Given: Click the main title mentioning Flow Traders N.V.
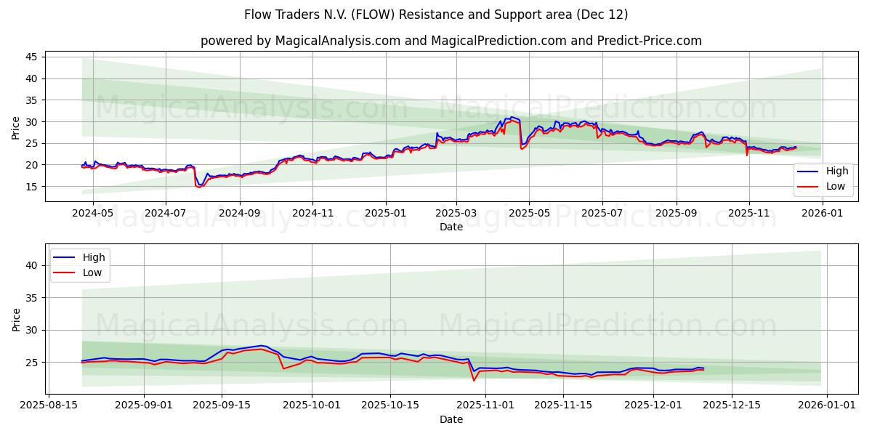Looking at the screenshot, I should [436, 15].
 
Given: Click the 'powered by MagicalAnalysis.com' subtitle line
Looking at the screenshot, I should [451, 41].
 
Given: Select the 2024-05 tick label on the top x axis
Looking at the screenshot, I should [94, 214].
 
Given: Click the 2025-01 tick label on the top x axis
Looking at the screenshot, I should [385, 214].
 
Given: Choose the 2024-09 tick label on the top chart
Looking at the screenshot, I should [240, 214].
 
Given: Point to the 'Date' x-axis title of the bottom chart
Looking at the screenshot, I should [451, 419].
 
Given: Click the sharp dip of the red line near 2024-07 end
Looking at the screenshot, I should [198, 187].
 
